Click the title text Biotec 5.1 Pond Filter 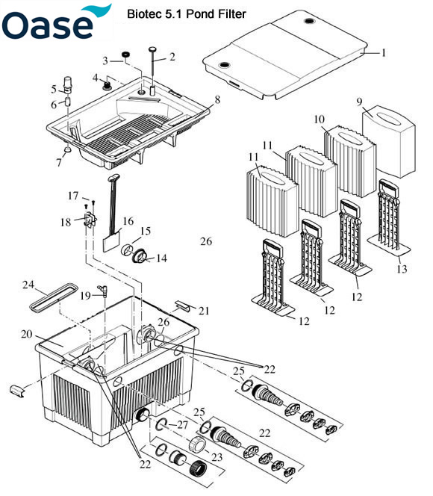(186, 13)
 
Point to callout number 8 (216, 98)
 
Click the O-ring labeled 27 (163, 427)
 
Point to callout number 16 (128, 221)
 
